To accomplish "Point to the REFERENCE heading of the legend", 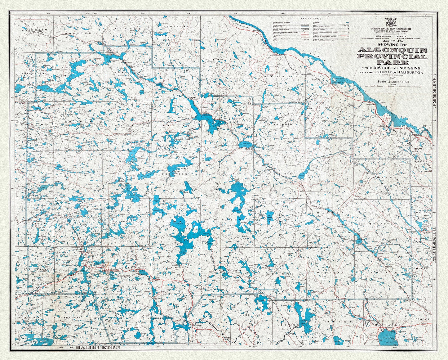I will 311,19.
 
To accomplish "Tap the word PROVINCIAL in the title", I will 392,56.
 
